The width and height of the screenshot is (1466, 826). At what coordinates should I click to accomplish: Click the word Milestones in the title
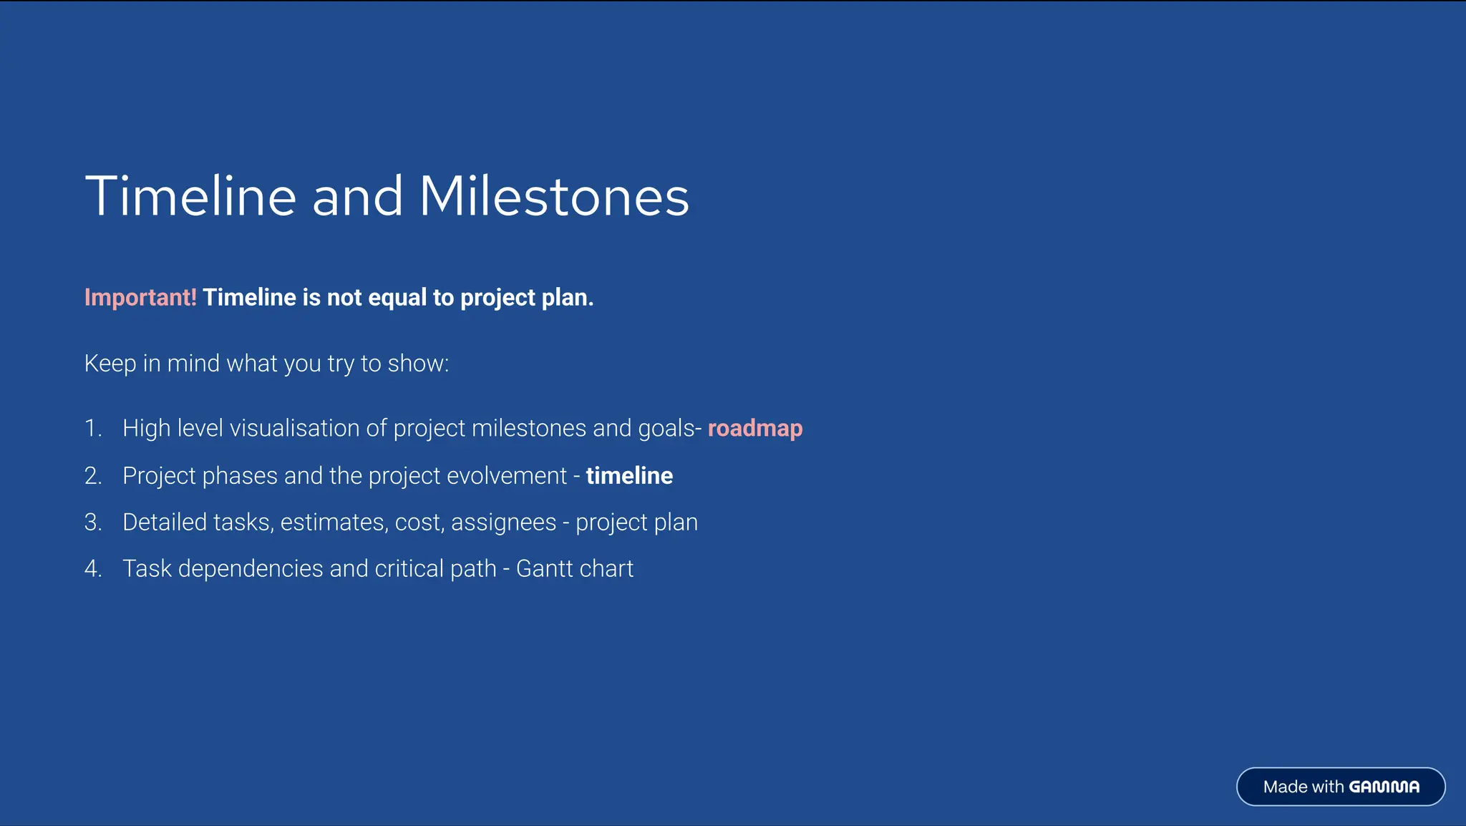pyautogui.click(x=553, y=196)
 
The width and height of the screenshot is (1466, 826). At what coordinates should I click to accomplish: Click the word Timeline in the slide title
pyautogui.click(x=190, y=196)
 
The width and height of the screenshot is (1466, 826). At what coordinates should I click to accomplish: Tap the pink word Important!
pyautogui.click(x=140, y=297)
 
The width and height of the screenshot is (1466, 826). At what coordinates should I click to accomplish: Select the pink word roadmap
pyautogui.click(x=755, y=428)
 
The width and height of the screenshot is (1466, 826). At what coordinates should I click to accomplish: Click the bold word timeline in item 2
pyautogui.click(x=629, y=475)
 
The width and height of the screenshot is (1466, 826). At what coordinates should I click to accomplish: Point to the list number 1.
pyautogui.click(x=92, y=428)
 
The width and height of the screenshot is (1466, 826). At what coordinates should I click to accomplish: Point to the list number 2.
pyautogui.click(x=92, y=475)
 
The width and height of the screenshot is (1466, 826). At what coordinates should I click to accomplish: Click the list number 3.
pyautogui.click(x=92, y=522)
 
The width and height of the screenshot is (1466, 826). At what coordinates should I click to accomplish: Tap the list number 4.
pyautogui.click(x=92, y=568)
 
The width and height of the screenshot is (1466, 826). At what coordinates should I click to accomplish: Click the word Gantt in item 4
pyautogui.click(x=544, y=568)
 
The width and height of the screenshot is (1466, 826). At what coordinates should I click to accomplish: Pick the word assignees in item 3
pyautogui.click(x=503, y=522)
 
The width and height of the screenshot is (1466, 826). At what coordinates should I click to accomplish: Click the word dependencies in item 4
pyautogui.click(x=251, y=568)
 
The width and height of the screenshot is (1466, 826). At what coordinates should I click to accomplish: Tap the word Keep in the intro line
pyautogui.click(x=110, y=364)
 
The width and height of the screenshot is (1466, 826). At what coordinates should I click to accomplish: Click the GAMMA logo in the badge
pyautogui.click(x=1384, y=787)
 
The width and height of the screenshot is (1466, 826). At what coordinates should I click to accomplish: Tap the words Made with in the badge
pyautogui.click(x=1303, y=787)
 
